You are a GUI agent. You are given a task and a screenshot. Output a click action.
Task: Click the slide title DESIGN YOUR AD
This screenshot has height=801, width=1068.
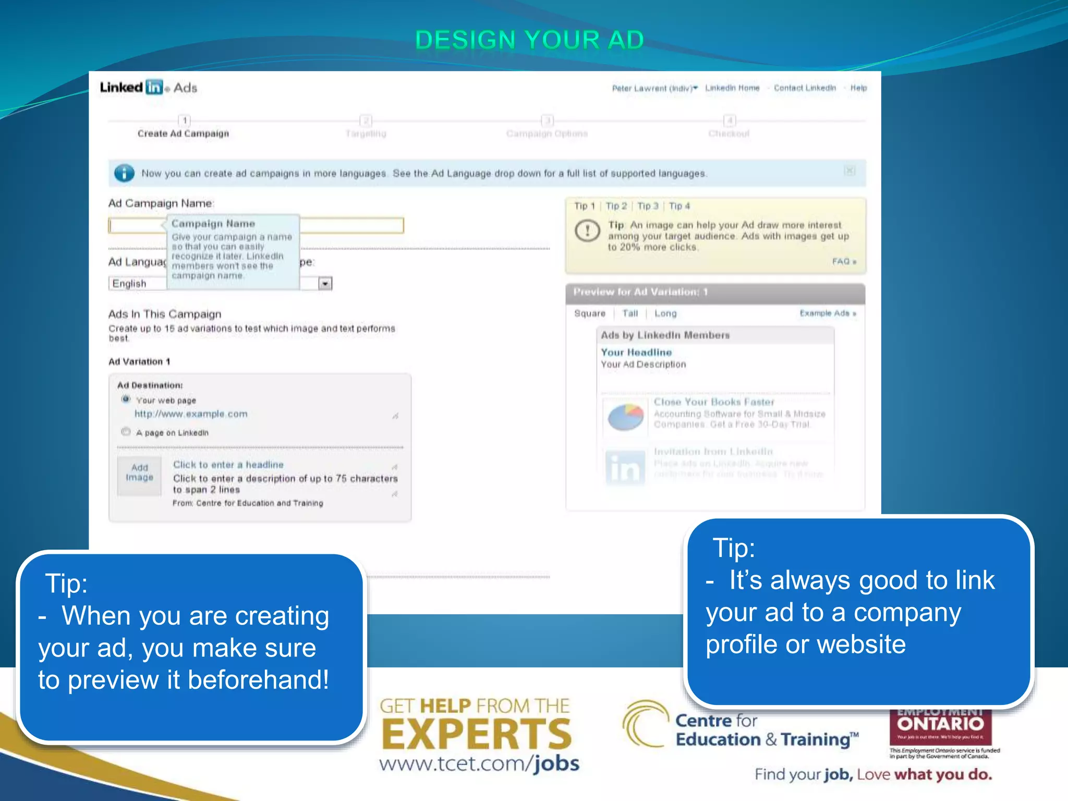529,40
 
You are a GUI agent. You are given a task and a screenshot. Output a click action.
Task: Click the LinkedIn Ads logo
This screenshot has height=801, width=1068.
148,88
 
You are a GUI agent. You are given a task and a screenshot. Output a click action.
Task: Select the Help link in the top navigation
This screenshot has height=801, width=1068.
858,88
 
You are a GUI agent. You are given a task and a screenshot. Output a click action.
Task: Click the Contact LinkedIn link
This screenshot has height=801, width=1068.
804,88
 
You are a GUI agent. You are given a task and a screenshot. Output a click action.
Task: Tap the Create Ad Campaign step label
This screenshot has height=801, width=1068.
183,133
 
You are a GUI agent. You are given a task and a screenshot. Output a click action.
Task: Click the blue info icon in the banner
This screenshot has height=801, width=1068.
124,173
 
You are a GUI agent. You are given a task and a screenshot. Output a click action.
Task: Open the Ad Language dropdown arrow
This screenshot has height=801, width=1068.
325,284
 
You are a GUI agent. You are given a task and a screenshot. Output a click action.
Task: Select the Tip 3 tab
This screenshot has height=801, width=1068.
648,206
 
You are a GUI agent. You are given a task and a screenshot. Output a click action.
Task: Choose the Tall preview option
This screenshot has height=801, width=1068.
630,313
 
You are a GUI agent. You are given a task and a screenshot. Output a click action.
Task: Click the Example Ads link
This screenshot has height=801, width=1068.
827,313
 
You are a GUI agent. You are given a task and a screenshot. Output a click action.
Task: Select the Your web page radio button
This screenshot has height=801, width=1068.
126,399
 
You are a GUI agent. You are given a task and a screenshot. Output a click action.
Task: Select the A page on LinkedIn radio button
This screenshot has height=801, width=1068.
126,432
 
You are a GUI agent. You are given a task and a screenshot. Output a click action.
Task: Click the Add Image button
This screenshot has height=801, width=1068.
139,473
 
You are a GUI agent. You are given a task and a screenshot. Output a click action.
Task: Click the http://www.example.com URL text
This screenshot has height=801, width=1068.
191,414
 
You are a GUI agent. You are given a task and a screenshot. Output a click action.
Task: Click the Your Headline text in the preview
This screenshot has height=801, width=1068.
636,353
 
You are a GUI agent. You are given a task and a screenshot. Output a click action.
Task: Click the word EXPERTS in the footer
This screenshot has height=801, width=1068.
477,734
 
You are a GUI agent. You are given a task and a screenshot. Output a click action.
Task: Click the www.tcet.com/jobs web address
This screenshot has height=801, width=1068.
479,764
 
